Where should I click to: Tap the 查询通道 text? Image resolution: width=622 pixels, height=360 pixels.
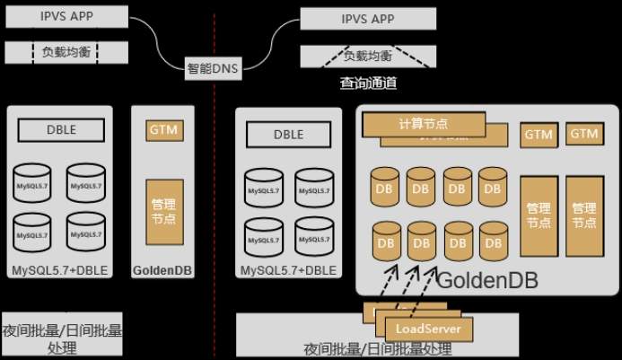coord(368,83)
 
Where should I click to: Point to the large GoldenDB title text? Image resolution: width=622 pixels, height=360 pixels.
coord(486,280)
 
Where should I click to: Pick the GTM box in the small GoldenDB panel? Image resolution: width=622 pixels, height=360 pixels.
coord(163,129)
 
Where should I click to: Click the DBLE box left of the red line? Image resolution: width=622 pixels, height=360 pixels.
coord(61,130)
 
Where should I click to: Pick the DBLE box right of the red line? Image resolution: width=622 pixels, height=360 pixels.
coord(288,136)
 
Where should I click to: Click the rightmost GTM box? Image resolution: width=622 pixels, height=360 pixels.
coord(583,135)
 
